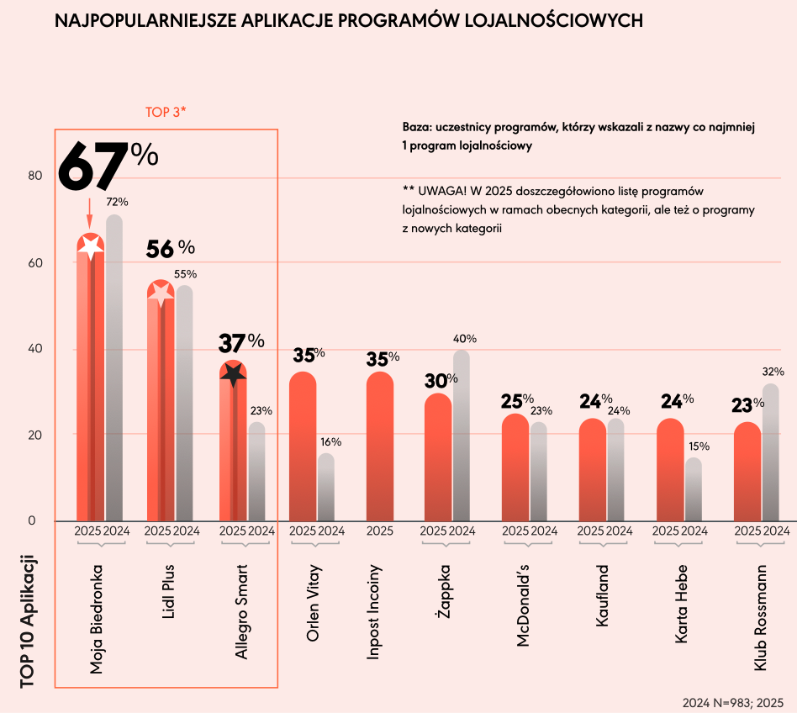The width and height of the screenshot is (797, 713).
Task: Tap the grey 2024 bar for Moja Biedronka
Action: click(114, 370)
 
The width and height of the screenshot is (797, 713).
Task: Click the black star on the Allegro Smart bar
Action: click(233, 374)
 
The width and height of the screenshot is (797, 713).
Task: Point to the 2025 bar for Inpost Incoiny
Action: click(380, 446)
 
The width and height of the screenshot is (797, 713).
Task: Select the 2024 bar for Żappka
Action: click(462, 437)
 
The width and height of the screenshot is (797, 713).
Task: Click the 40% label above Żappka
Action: click(465, 339)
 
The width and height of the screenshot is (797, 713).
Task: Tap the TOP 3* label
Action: click(166, 112)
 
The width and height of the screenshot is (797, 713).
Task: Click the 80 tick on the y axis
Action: click(34, 176)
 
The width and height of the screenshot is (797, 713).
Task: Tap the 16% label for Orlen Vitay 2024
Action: click(330, 442)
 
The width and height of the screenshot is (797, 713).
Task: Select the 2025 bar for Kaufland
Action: click(592, 471)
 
